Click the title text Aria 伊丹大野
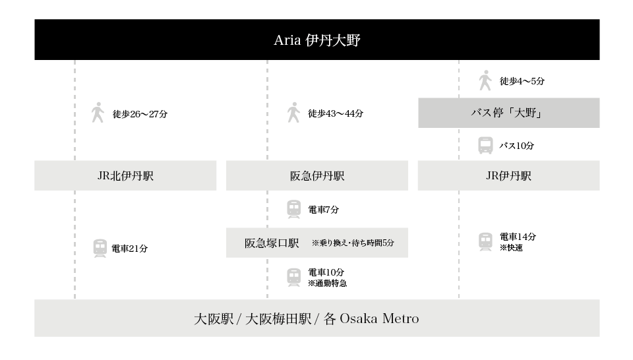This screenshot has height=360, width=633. [317, 40]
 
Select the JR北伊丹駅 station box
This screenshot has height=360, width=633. [125, 175]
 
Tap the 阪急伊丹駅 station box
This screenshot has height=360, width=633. [317, 175]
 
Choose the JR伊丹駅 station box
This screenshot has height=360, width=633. [508, 175]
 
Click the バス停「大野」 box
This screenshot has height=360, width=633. [508, 113]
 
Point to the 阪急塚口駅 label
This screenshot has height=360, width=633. [272, 243]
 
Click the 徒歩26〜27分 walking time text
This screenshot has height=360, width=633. [140, 114]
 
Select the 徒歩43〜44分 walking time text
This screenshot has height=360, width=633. [336, 113]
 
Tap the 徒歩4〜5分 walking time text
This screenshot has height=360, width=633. [522, 81]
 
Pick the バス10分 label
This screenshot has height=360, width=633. [516, 146]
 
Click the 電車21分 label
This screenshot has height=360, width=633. [130, 249]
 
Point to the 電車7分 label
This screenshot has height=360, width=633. [323, 210]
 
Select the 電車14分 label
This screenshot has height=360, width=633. [518, 237]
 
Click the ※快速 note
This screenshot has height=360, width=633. [511, 248]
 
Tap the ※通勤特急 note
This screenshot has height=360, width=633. [327, 284]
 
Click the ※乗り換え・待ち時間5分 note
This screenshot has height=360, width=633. [353, 243]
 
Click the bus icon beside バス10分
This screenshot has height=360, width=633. [485, 146]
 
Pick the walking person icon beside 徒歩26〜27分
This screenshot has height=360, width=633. [98, 113]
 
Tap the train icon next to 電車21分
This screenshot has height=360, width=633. [100, 249]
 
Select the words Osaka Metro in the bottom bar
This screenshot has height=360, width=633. [379, 319]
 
